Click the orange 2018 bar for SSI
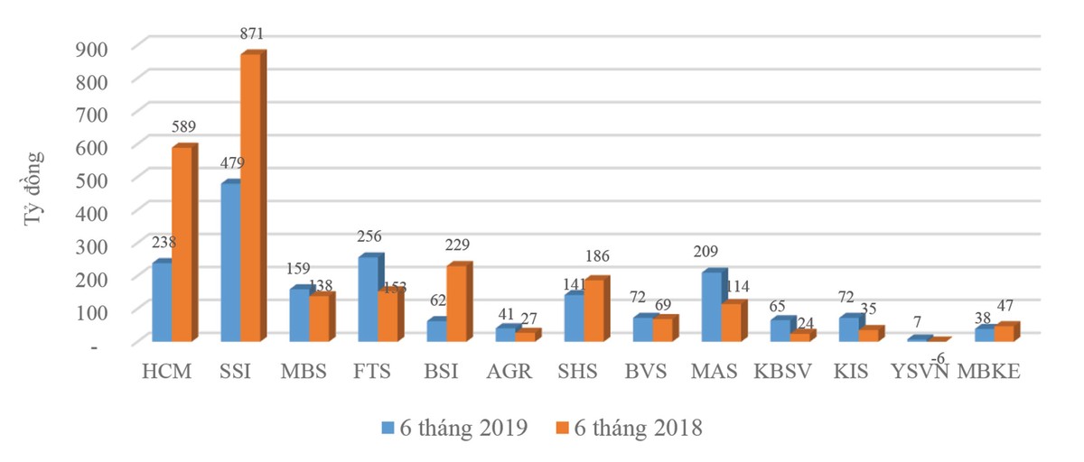click(x=250, y=199)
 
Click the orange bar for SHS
click(x=593, y=311)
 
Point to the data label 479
click(x=230, y=164)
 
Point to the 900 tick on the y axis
click(x=89, y=47)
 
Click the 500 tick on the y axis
click(x=89, y=179)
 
